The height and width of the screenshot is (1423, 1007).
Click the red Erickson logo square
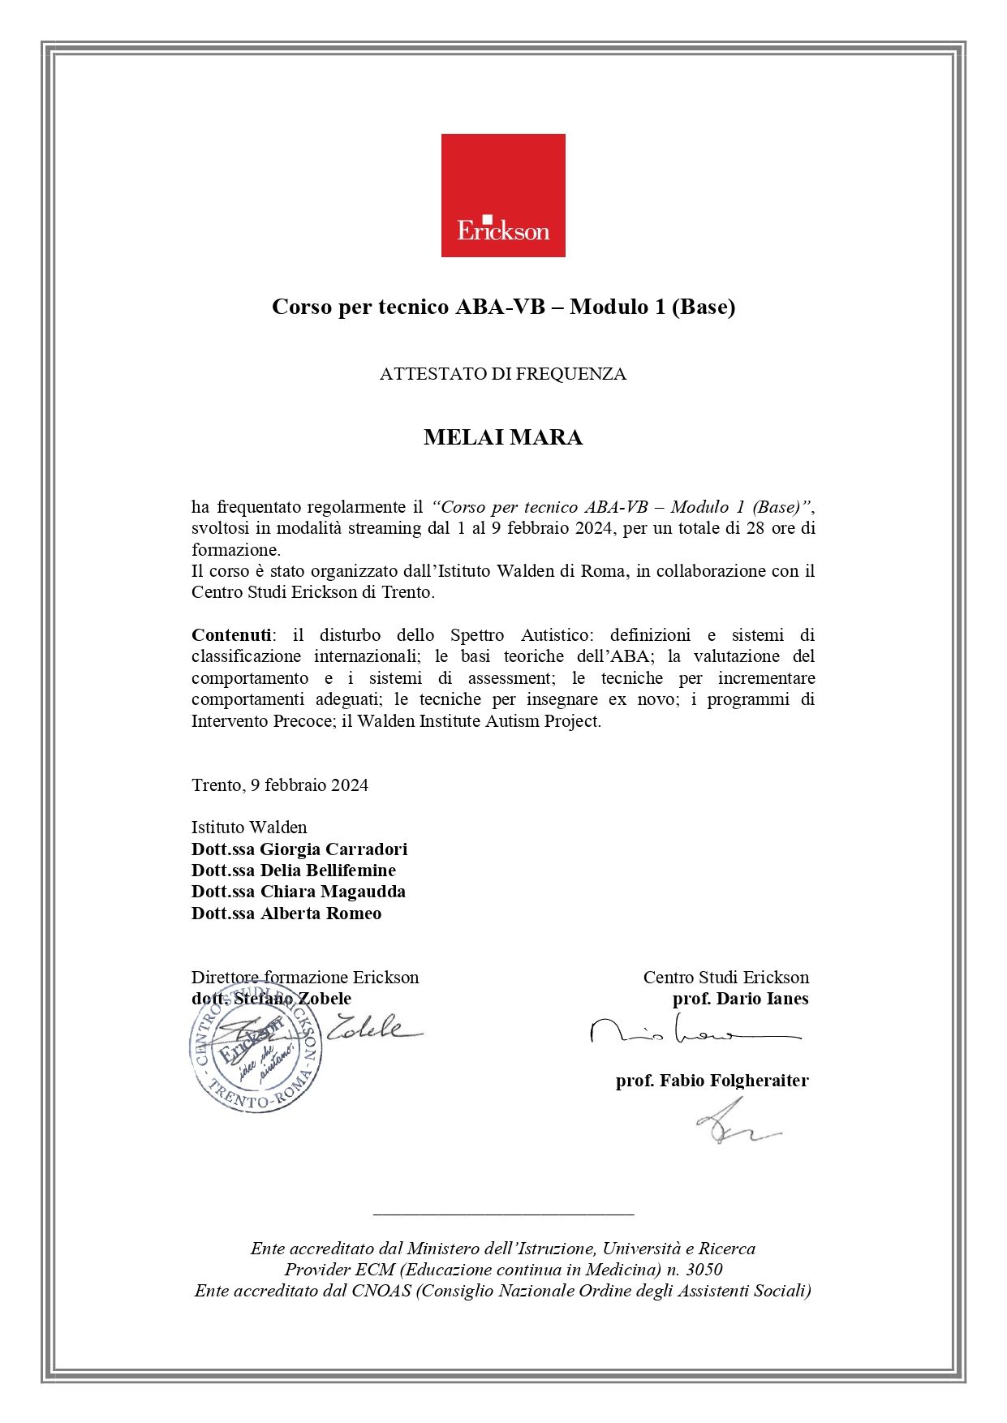click(503, 195)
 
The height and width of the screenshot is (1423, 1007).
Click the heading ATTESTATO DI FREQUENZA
click(503, 374)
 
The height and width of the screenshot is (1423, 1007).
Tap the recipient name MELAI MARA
click(503, 437)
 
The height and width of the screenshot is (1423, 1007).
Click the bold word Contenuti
click(231, 634)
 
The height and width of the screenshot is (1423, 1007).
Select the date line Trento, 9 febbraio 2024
click(280, 785)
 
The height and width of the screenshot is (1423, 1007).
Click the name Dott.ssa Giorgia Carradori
click(299, 849)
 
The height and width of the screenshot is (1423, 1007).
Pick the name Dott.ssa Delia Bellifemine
click(294, 870)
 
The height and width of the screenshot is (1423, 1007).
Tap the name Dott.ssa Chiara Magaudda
click(299, 891)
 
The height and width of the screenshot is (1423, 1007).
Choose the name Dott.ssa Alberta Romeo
click(286, 913)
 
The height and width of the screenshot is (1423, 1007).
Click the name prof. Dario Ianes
click(740, 998)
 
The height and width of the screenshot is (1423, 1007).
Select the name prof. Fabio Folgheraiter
click(712, 1080)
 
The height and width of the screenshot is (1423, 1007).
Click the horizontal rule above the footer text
click(503, 1214)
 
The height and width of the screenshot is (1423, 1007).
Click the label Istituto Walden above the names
click(249, 827)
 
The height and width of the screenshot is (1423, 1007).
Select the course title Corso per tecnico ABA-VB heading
click(503, 307)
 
